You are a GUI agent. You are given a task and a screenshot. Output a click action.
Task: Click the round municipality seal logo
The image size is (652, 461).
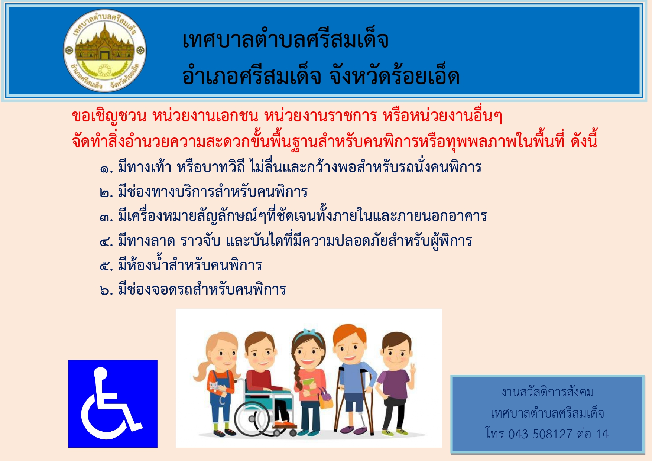coord(105,50)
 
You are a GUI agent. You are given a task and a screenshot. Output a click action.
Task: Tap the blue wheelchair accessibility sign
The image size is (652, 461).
coord(113,403)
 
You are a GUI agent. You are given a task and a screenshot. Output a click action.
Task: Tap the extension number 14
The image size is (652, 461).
coord(602,434)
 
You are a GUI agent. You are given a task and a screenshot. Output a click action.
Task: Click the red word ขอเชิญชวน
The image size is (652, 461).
coord(109,116)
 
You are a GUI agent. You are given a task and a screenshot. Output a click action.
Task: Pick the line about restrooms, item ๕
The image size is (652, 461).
coord(181,264)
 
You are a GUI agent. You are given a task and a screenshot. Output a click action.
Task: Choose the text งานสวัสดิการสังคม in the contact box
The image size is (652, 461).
coord(547,392)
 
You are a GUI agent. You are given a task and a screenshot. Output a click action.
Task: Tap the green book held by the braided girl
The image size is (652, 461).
coord(308,383)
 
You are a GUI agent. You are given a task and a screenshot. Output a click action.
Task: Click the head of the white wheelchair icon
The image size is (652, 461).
coord(101,373)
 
